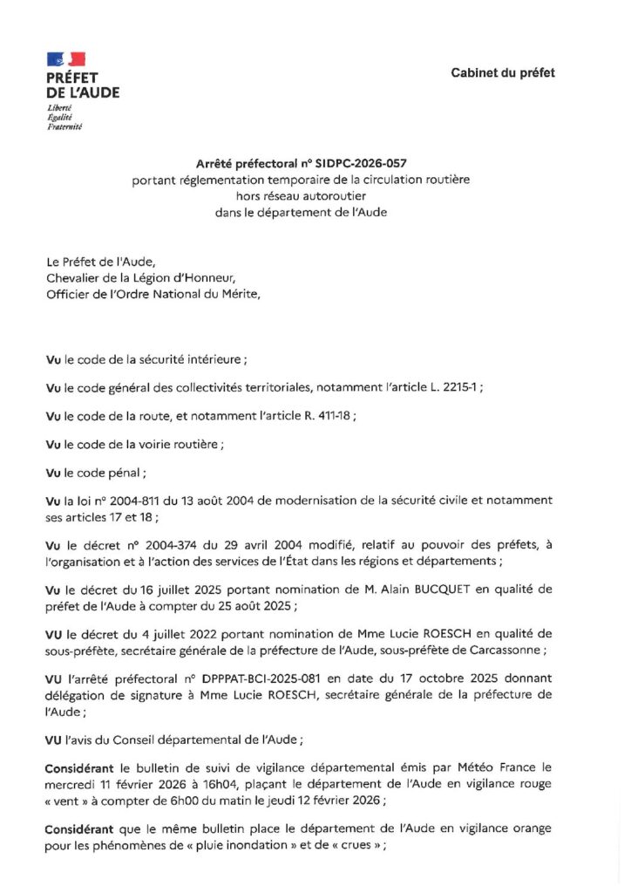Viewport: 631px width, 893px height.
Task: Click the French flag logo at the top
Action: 65,59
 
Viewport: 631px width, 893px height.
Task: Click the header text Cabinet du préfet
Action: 502,72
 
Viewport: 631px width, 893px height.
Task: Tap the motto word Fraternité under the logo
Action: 64,126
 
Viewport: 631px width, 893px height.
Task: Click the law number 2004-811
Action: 133,501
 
